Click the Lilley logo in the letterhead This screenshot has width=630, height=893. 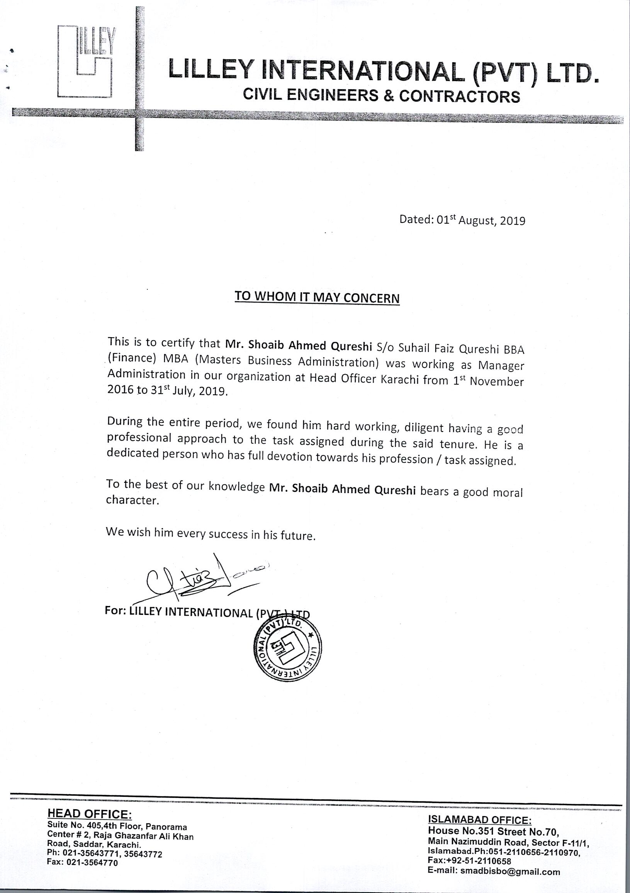click(x=85, y=61)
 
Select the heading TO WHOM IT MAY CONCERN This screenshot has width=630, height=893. click(x=317, y=297)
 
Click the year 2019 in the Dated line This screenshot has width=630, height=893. click(x=512, y=221)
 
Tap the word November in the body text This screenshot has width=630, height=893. click(x=497, y=382)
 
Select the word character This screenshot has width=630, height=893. click(x=132, y=500)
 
